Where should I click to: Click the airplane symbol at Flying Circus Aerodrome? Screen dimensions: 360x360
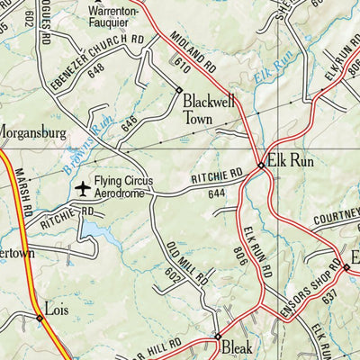(x=84, y=188)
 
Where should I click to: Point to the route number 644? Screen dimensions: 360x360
(x=215, y=193)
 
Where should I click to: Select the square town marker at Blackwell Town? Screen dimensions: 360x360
(x=180, y=90)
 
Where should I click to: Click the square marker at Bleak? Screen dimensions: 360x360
(x=217, y=337)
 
